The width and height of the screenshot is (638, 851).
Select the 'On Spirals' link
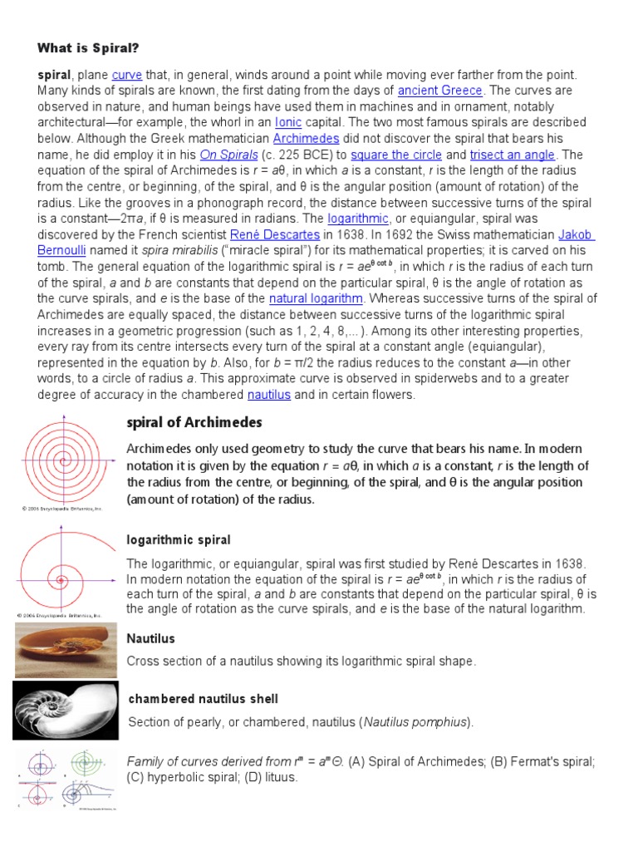pos(228,155)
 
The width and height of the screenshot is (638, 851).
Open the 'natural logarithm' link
pos(316,298)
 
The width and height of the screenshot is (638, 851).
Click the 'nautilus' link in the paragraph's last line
pos(268,395)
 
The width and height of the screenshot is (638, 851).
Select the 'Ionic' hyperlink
pos(287,122)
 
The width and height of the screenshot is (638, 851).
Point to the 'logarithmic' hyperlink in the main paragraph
pos(358,219)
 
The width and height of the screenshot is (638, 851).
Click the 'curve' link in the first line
pos(127,75)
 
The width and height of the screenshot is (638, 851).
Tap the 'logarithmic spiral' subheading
pos(178,540)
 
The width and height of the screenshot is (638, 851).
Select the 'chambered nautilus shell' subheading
pos(203,699)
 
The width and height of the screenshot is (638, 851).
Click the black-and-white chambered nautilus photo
pos(65,709)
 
